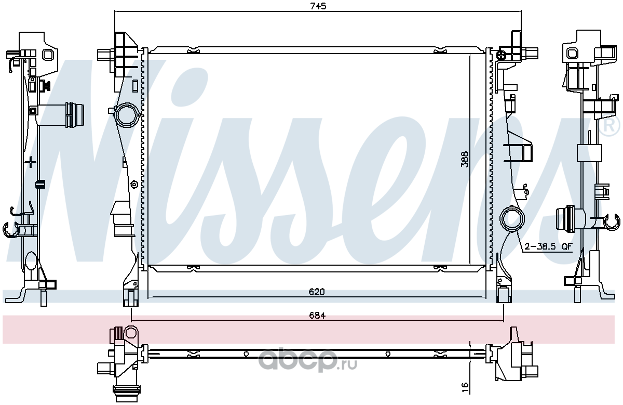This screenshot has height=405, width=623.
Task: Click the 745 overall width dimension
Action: point(318,6)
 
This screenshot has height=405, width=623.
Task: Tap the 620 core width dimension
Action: point(317,292)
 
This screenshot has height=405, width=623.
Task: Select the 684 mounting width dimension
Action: point(317,316)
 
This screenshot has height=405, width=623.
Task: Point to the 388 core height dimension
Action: point(464,159)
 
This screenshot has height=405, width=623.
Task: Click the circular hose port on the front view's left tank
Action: point(127,115)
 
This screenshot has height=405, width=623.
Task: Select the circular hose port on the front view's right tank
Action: point(512,219)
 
